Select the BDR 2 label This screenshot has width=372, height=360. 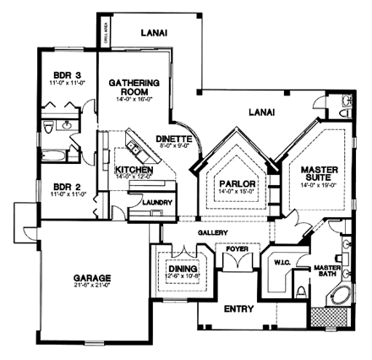click(61, 188)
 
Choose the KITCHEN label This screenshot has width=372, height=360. click(134, 171)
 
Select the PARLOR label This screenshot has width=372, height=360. click(232, 183)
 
